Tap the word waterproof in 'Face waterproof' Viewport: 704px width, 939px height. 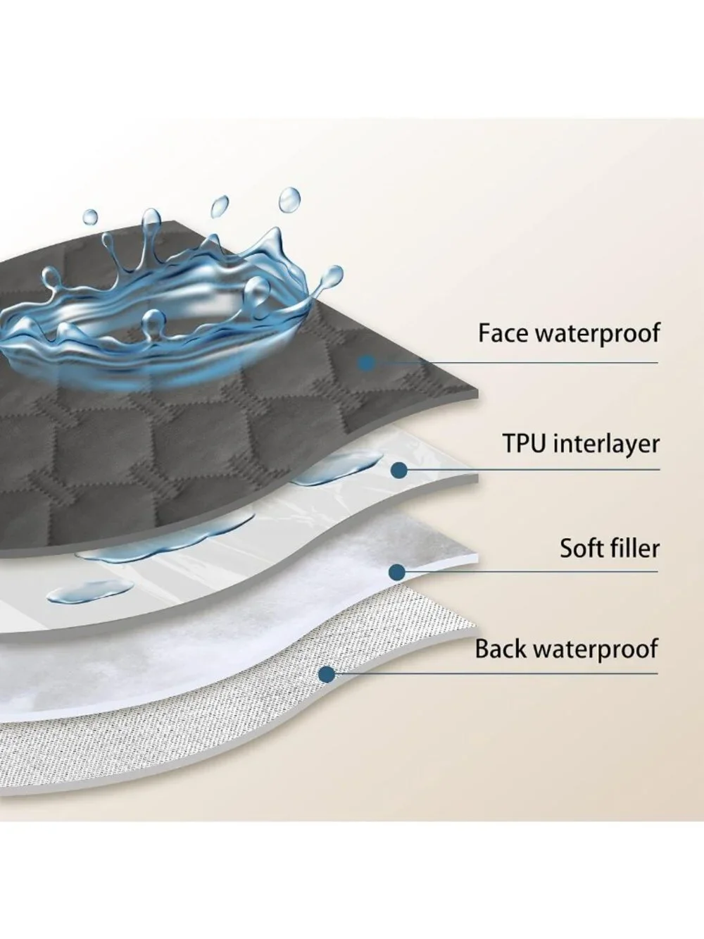click(x=598, y=334)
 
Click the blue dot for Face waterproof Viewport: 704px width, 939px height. click(x=366, y=363)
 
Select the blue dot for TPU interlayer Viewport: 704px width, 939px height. click(x=398, y=470)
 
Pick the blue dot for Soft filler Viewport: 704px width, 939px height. click(x=398, y=573)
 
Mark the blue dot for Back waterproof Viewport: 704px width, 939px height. click(x=327, y=673)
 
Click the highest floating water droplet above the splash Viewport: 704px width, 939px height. click(x=289, y=199)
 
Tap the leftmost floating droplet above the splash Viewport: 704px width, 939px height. click(x=90, y=218)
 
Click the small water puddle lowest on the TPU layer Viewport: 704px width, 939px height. click(x=90, y=591)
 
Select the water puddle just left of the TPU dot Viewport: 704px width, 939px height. click(x=338, y=470)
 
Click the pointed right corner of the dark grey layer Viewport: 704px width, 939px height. click(x=477, y=391)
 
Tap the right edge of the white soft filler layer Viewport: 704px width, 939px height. click(x=477, y=558)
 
